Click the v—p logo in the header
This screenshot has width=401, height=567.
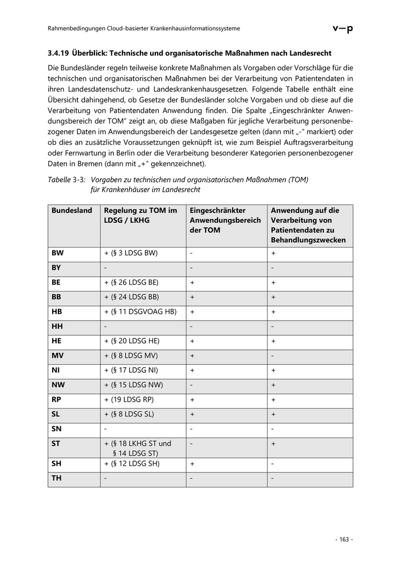(x=342, y=29)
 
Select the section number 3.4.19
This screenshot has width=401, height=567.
(x=58, y=53)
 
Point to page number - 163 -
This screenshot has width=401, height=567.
(x=344, y=539)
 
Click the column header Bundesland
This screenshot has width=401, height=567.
(x=72, y=211)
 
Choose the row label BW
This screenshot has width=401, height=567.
(x=57, y=253)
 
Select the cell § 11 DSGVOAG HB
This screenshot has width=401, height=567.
(x=140, y=312)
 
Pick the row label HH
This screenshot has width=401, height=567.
(x=57, y=326)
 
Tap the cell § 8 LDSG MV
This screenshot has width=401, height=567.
(x=131, y=356)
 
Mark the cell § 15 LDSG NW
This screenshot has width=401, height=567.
(x=133, y=385)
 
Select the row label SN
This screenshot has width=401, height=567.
(x=57, y=428)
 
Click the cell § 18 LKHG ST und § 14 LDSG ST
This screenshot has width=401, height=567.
(x=137, y=448)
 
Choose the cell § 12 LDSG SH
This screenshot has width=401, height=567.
(x=132, y=463)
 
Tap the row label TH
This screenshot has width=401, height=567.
(x=57, y=478)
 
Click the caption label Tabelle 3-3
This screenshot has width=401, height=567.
(x=67, y=179)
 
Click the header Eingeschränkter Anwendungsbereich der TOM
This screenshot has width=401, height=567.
(x=225, y=220)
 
